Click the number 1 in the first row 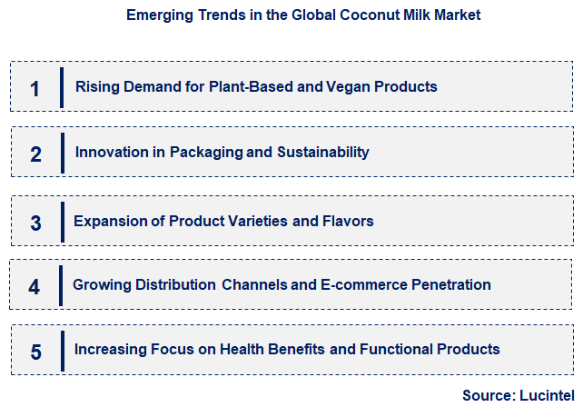coord(35,88)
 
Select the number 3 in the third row coord(35,223)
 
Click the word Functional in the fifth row coord(394,349)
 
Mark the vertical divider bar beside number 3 coord(63,222)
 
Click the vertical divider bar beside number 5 coord(63,351)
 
